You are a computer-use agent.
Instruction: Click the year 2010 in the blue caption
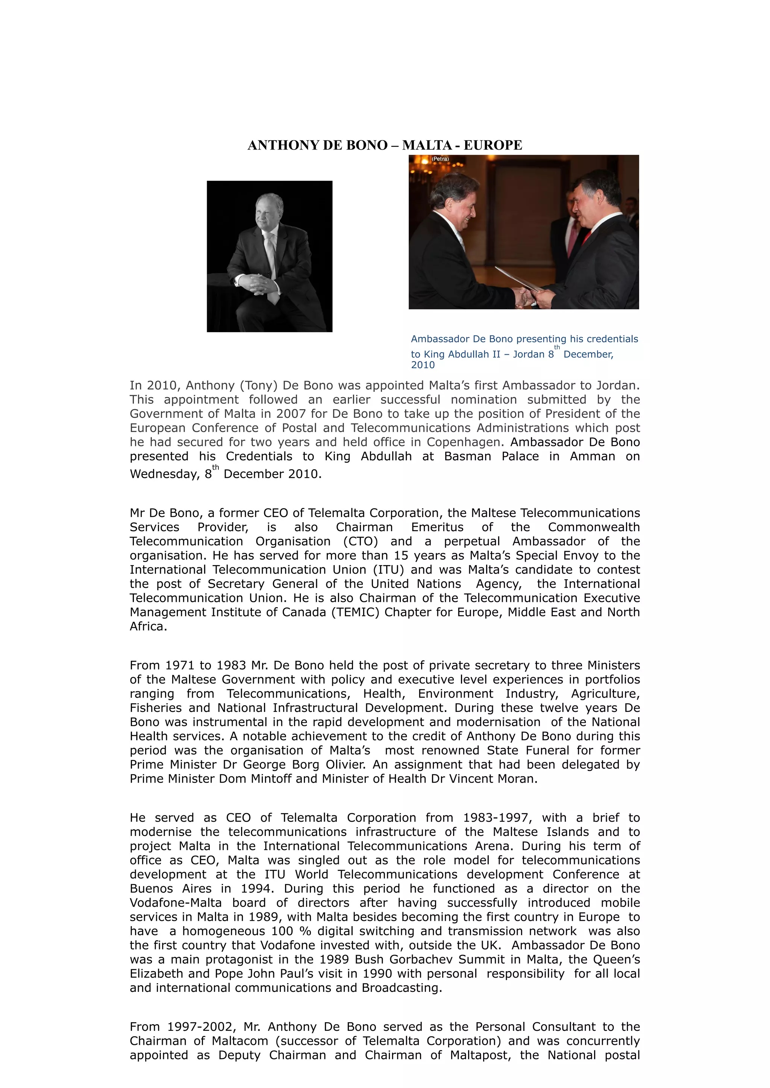coord(423,365)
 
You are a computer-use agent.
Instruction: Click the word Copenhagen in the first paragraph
coord(464,442)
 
